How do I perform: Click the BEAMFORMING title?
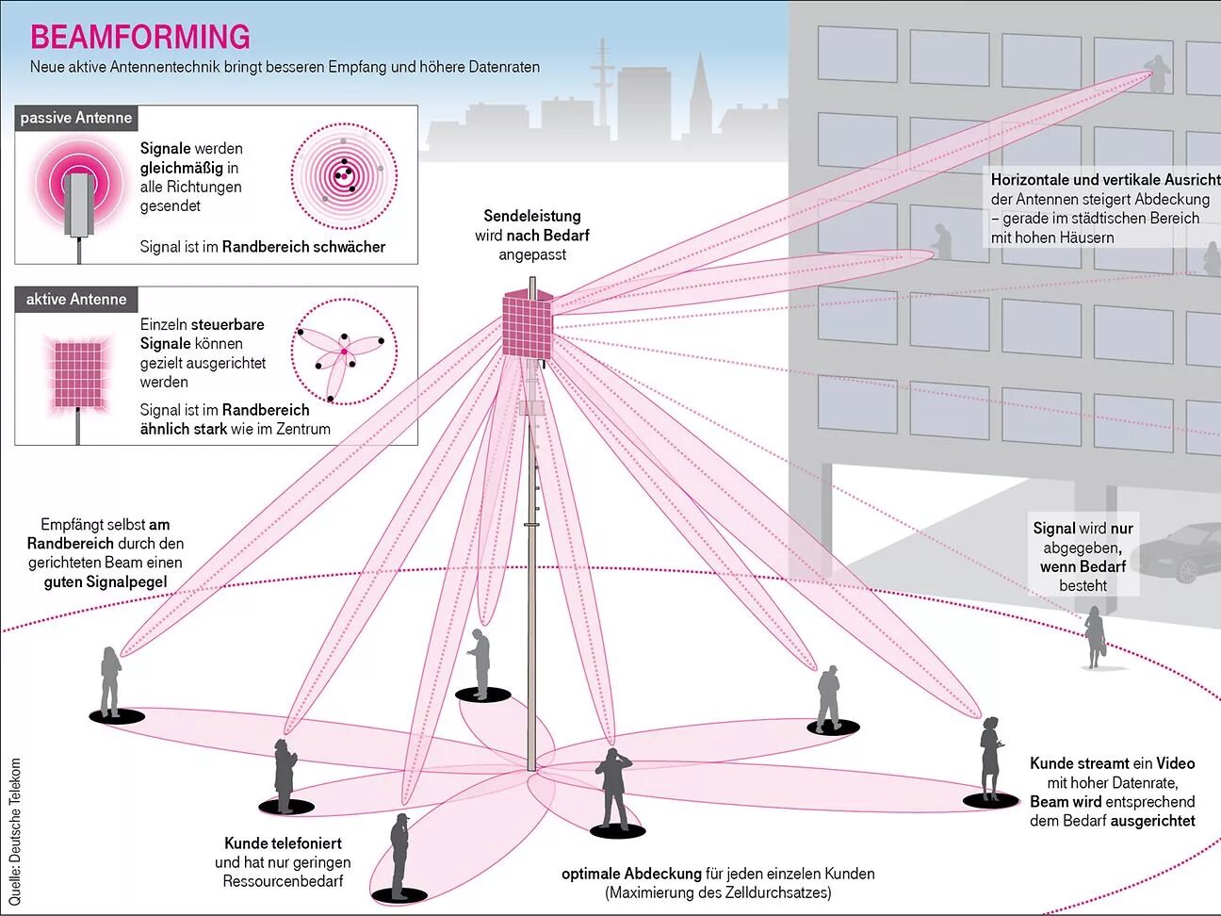coord(140,37)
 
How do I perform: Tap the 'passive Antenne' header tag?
coord(76,118)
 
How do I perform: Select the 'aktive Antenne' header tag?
coord(76,300)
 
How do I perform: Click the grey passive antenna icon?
coord(80,203)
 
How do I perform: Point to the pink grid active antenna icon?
coord(77,374)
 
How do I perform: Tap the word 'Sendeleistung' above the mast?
coord(532,216)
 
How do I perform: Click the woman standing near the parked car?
coord(1094,637)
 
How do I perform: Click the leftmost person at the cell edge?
coord(110,681)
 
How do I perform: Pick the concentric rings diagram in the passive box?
coord(344,176)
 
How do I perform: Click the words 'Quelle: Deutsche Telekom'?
coord(14,831)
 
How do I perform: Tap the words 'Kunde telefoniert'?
coord(283,843)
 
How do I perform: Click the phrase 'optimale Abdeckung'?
coord(631,874)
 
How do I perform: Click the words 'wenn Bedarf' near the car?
coord(1083,566)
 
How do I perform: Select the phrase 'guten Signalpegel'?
coord(106,581)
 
